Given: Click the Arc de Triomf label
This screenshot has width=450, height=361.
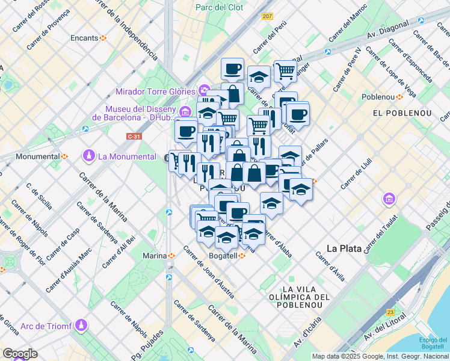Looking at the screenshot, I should pyautogui.click(x=45, y=326).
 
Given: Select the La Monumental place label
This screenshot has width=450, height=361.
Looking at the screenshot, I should pyautogui.click(x=127, y=156).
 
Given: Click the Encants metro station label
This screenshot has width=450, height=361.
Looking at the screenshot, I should pyautogui.click(x=84, y=38).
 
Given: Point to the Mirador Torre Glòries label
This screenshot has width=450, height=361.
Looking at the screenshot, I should pyautogui.click(x=156, y=92).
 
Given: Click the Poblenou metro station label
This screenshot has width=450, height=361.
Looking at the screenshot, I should pyautogui.click(x=378, y=97).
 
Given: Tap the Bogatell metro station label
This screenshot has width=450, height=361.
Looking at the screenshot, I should pyautogui.click(x=223, y=256).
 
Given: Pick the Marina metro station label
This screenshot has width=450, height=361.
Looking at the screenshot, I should pyautogui.click(x=155, y=256).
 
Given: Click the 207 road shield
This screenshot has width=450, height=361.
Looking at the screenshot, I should pyautogui.click(x=267, y=16).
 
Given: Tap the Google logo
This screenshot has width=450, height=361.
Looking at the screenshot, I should pyautogui.click(x=19, y=354).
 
